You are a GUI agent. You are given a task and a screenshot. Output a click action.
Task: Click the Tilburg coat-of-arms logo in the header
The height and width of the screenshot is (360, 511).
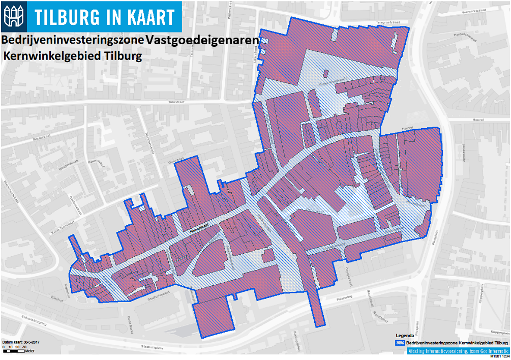13,16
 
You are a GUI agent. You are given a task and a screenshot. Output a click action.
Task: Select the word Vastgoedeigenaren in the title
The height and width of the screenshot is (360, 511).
202,40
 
